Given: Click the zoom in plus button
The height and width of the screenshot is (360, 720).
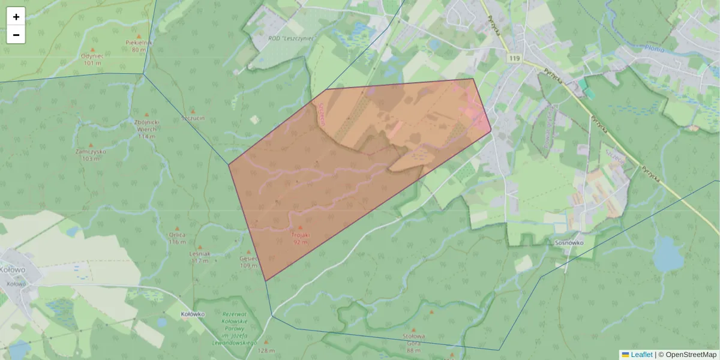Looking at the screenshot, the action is point(16,17).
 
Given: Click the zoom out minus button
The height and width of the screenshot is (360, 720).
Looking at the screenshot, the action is point(16,35).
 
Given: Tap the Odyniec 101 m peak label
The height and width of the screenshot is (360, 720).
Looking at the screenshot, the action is point(92,59).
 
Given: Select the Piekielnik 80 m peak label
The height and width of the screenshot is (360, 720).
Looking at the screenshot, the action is point(139,46).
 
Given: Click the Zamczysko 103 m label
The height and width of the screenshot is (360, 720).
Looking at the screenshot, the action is point(91,155).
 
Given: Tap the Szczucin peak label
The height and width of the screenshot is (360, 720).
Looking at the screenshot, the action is point(193,118).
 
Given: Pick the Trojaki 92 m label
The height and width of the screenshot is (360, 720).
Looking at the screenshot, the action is point(301,238).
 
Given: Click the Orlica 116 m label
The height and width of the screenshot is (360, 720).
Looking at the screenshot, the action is point(177,238).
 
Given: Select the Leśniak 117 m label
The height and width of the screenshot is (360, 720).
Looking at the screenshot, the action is point(200,257).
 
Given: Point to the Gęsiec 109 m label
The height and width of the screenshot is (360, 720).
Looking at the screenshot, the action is point(248,262).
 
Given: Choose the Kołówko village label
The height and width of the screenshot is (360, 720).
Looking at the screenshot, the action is point(193,314).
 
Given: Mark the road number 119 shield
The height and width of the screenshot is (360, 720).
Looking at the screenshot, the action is point(514,58).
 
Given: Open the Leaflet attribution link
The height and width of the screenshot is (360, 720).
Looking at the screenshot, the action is point(641,355).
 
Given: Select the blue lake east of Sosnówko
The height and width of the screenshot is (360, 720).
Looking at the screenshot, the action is point(667,254).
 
